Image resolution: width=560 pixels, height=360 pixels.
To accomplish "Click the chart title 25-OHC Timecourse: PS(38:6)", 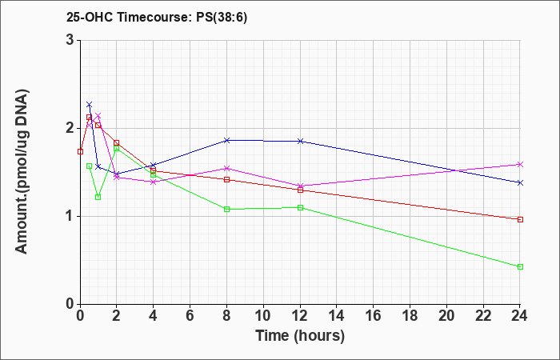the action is coord(157,17).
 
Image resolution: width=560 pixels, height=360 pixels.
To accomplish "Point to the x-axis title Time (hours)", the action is coord(300,336).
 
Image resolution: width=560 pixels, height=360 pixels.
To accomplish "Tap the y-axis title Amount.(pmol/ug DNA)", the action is coord(22,172).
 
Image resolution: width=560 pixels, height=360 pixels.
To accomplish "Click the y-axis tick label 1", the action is coord(70,217).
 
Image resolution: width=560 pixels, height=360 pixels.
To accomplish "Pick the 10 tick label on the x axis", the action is coord(263,316).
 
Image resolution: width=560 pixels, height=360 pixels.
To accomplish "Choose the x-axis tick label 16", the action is coord(374,316).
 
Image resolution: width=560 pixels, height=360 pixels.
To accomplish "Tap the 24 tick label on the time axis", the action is coord(520,316).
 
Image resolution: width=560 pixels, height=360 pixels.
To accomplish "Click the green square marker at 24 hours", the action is coord(520,266).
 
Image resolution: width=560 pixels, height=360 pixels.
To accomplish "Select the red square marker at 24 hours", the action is coord(520,220).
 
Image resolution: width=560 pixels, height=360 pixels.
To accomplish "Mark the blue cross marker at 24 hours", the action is coord(520,183).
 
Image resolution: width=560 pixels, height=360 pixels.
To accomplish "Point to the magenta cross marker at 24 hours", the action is coord(520,164).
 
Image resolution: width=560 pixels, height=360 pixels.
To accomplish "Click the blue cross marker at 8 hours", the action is coord(226,140).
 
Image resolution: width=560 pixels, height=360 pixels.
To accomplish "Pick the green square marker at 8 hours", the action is coord(226,210).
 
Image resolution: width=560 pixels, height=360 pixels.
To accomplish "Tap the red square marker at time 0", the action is coord(80,151).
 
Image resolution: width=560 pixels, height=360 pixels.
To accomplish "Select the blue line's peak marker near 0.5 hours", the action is coord(90,104).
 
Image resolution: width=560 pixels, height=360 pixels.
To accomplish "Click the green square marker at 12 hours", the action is coord(300,207).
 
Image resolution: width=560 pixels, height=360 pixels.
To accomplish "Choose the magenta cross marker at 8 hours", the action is coord(226,168).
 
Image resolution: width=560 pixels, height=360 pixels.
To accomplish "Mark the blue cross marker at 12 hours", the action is coord(300,141).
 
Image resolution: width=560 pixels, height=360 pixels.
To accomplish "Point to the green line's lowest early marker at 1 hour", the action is coord(98,197).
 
